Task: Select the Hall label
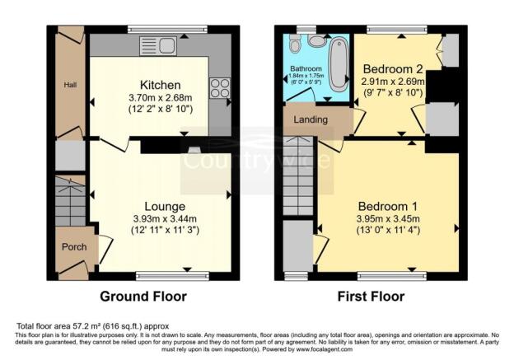(x=71, y=84)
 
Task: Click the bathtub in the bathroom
(x=338, y=63)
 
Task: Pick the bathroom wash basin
(x=293, y=42)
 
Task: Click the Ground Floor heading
(x=143, y=297)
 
